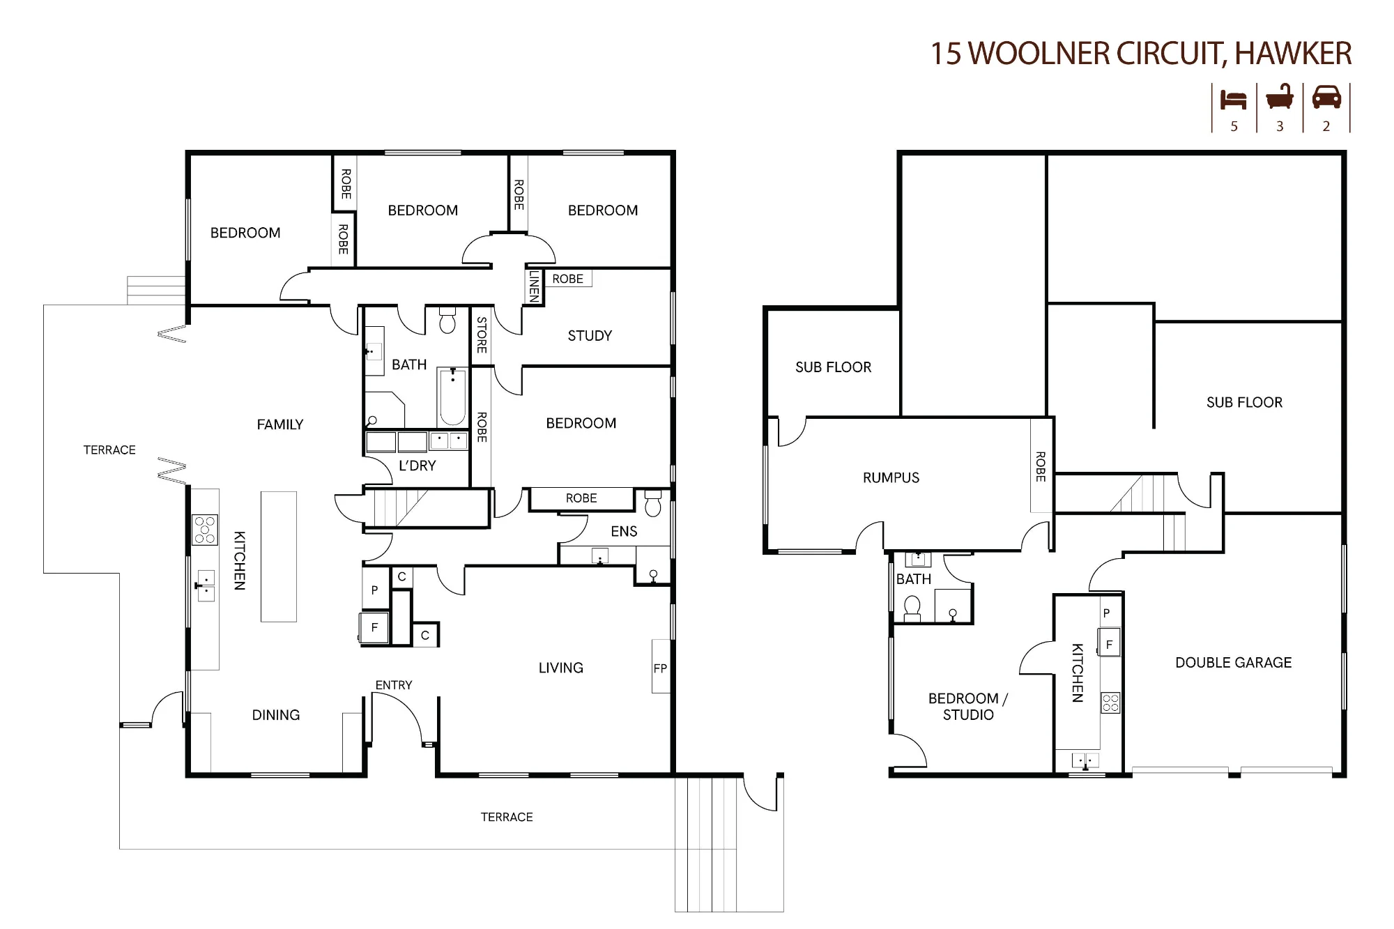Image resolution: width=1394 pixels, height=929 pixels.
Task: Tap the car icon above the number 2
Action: coord(1326,98)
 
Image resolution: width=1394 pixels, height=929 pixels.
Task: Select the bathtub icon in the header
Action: coord(1280,98)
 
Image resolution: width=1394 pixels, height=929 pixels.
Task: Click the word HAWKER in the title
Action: coord(1293,54)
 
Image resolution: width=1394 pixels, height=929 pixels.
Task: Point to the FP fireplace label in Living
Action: coord(660,668)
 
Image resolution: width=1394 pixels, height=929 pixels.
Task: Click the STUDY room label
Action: coord(590,336)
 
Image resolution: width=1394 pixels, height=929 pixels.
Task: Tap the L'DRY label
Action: coord(417,466)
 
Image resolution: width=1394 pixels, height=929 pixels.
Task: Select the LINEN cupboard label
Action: coord(534,286)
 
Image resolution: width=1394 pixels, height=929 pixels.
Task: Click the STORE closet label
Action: coord(482,335)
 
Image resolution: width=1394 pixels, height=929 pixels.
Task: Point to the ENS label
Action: coord(624,532)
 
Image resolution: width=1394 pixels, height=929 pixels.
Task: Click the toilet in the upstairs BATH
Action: coord(447,321)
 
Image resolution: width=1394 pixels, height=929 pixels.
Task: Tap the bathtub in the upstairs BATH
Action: coord(452,397)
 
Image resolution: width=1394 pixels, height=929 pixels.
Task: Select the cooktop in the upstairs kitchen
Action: coord(205,530)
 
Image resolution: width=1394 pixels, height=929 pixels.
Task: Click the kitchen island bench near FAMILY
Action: coord(279,556)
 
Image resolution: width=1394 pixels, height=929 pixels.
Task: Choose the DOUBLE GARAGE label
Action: coord(1233,663)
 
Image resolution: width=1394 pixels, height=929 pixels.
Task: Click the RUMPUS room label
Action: coord(891,478)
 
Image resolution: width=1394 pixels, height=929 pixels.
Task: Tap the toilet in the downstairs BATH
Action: coord(912,608)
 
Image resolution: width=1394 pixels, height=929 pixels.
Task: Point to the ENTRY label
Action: coord(394,686)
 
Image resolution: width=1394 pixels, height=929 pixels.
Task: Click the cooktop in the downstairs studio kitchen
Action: coord(1110,702)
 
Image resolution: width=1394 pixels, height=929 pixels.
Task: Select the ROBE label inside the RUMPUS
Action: coord(1041,467)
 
